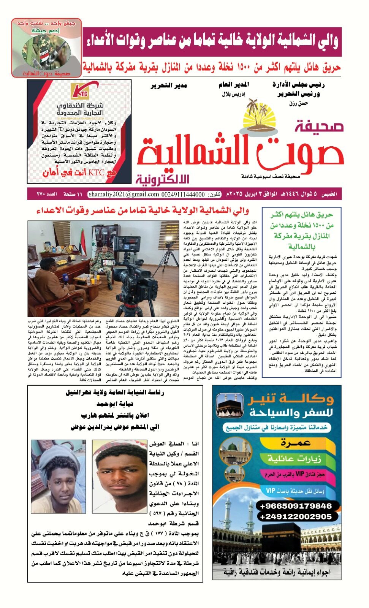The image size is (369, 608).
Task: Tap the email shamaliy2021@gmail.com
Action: (x=124, y=194)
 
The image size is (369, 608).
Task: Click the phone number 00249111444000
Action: (x=183, y=194)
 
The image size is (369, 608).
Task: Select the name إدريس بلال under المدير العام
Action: (x=234, y=94)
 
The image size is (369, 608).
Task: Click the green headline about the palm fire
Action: (x=302, y=230)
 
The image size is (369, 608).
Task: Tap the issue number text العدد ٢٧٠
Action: (x=47, y=194)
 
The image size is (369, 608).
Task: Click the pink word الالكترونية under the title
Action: (x=162, y=179)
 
